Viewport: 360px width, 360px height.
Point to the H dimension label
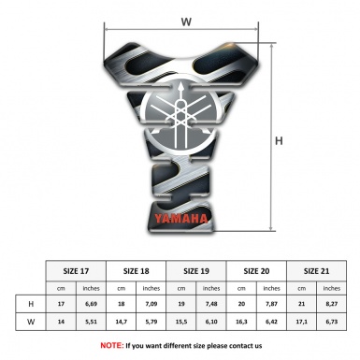click(279, 140)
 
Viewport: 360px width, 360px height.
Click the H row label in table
click(32, 304)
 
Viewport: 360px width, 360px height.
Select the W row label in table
click(32, 321)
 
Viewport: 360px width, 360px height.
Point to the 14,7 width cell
click(122, 321)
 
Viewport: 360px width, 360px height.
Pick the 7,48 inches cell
click(211, 304)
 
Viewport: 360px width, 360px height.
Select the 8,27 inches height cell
click(331, 304)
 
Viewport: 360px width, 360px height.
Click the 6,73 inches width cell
click(331, 321)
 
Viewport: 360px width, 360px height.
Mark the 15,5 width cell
click(181, 321)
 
